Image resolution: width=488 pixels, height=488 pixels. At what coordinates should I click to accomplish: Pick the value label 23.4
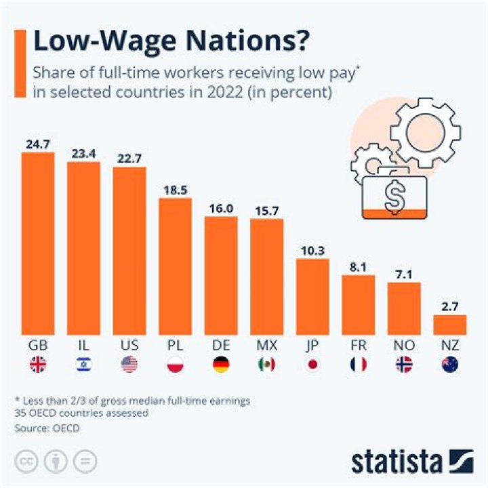(83, 154)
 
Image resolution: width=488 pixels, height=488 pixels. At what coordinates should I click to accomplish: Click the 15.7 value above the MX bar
(266, 209)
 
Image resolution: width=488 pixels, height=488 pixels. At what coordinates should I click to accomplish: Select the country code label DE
(221, 345)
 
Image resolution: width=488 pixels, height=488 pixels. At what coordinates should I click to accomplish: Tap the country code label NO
(404, 345)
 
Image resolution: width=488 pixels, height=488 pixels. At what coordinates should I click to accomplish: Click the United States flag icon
(129, 365)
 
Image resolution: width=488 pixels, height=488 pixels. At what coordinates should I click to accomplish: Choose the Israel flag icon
(83, 365)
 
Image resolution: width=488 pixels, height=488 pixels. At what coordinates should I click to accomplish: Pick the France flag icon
(358, 365)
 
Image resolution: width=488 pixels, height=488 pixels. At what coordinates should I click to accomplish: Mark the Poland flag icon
(175, 365)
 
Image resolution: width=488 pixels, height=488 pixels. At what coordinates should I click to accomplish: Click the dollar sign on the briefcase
(394, 196)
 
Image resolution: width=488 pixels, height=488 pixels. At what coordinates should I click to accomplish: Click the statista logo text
(396, 463)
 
